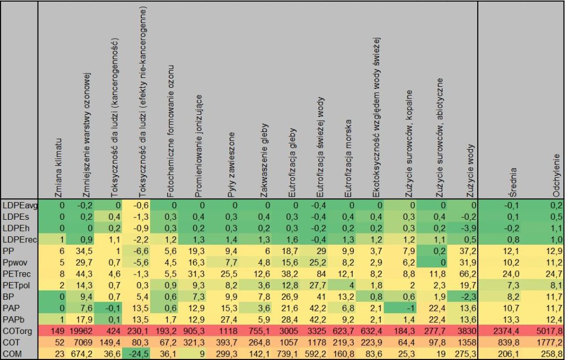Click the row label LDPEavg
[x=19, y=205]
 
